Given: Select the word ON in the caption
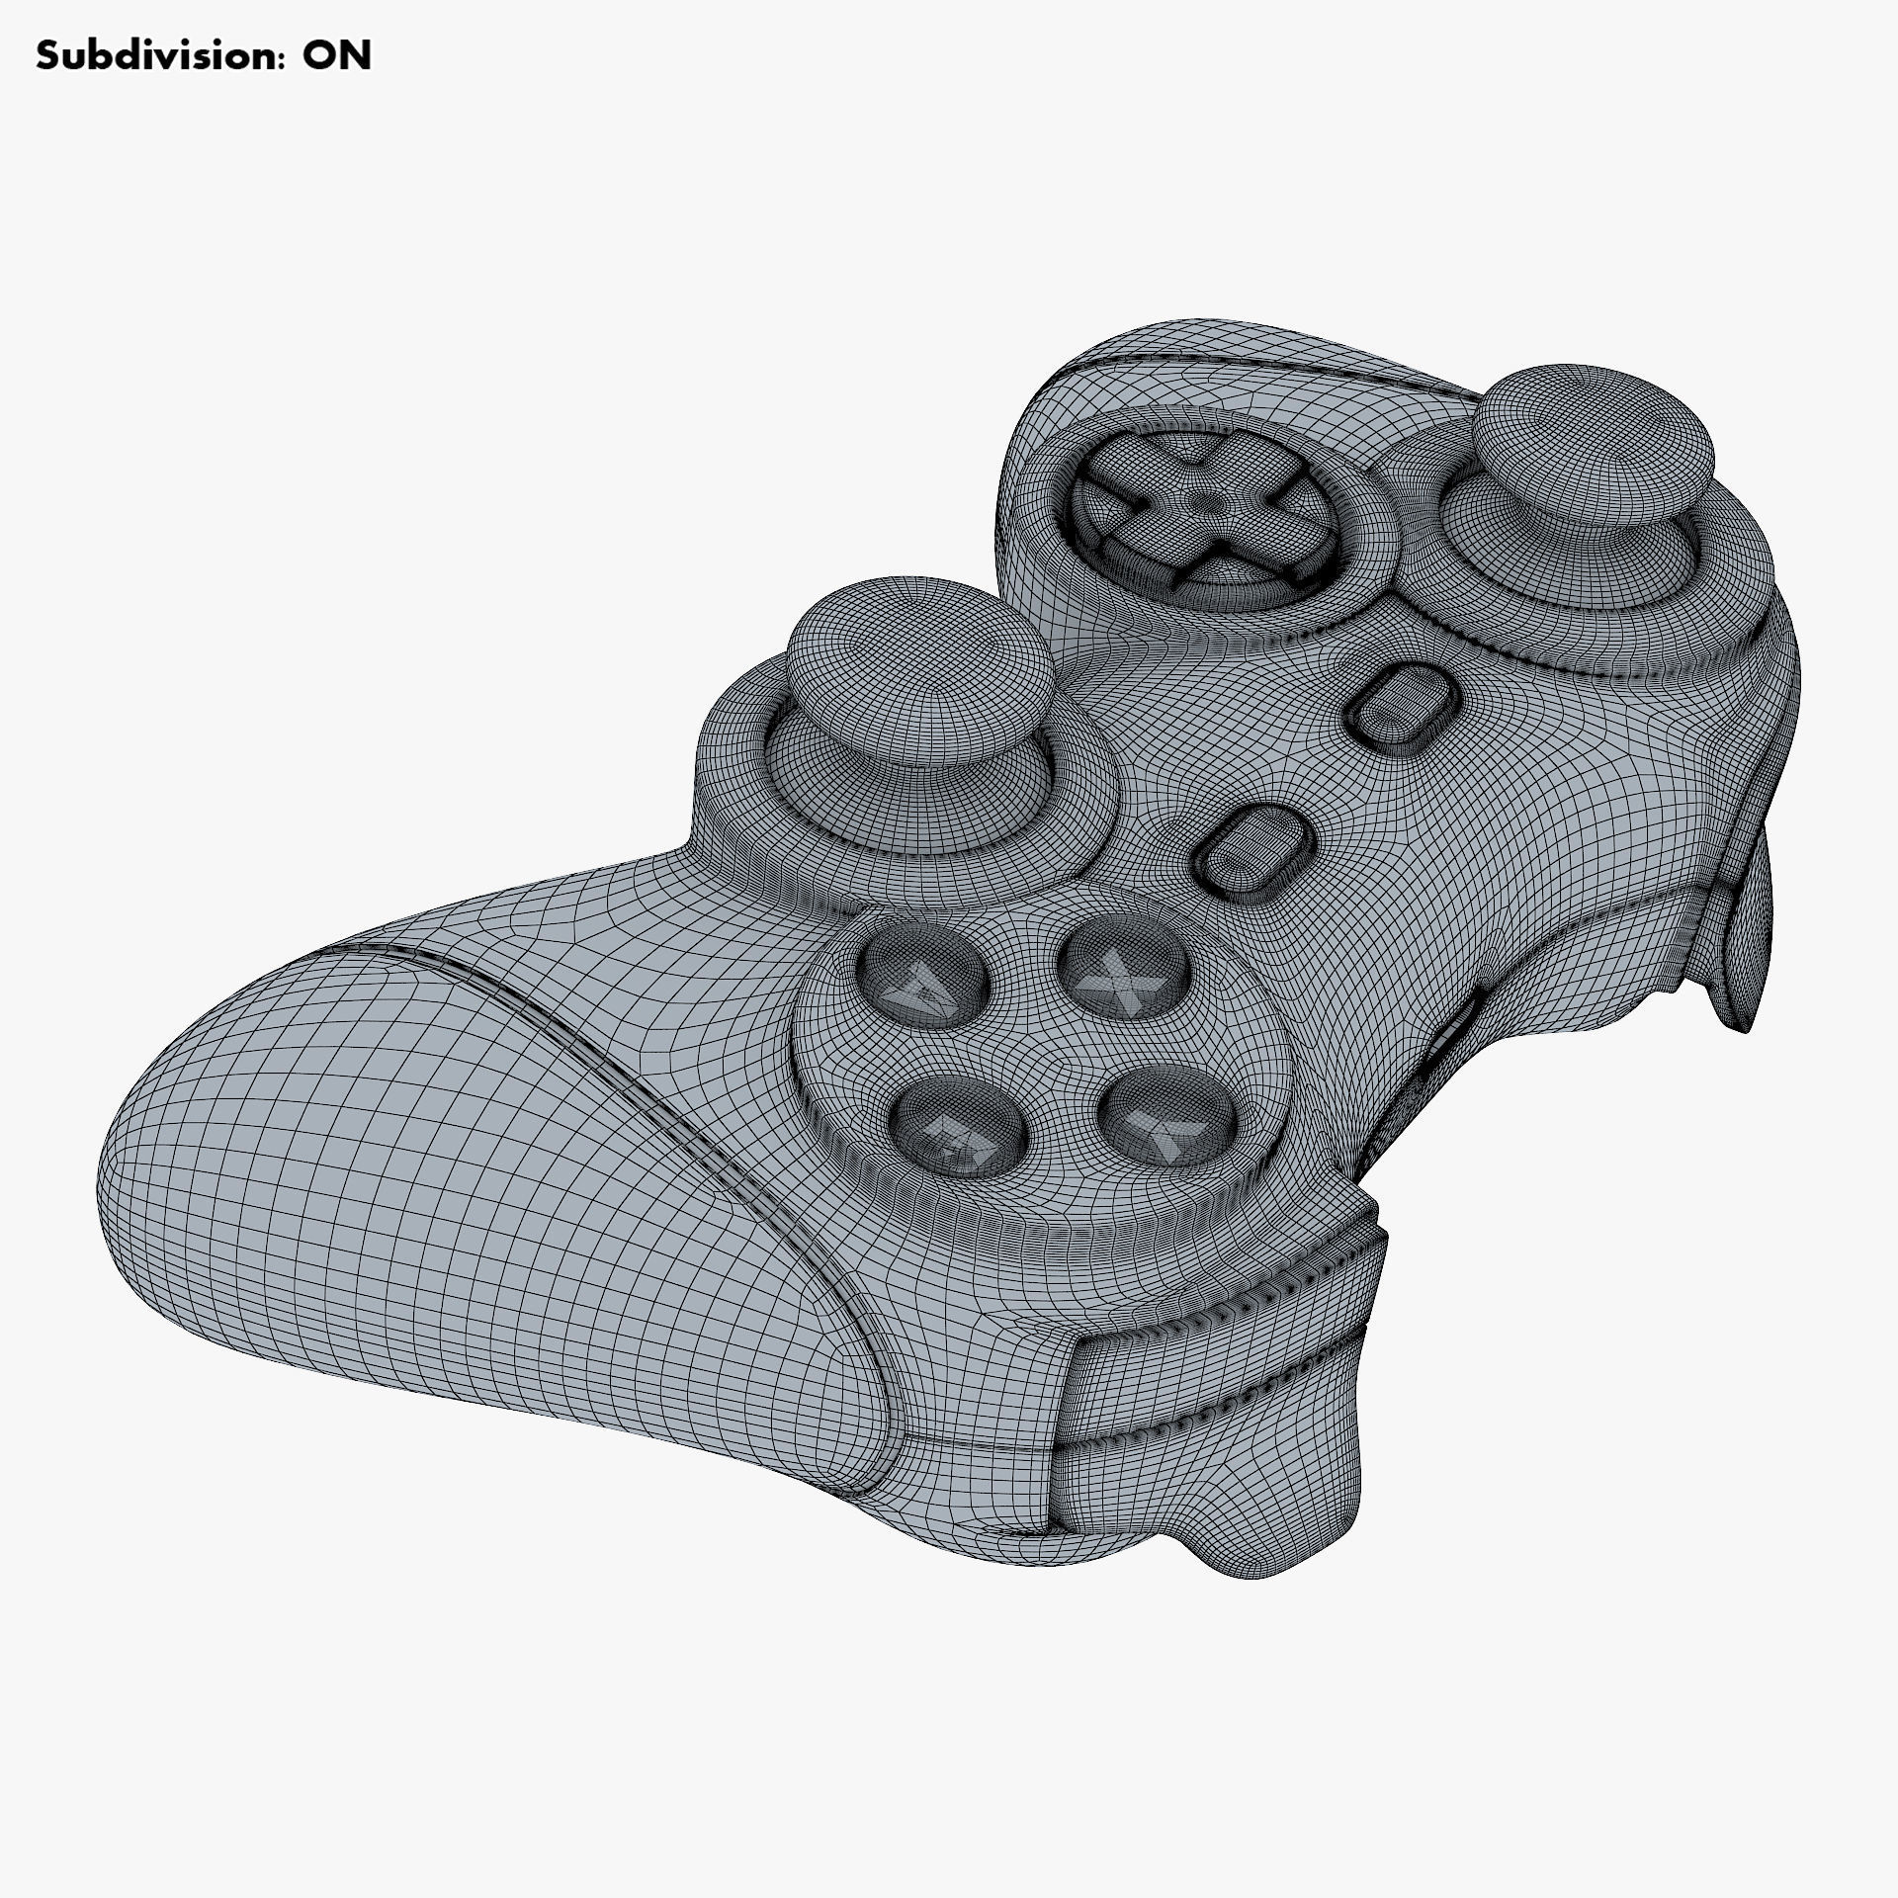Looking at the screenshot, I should [x=337, y=56].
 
